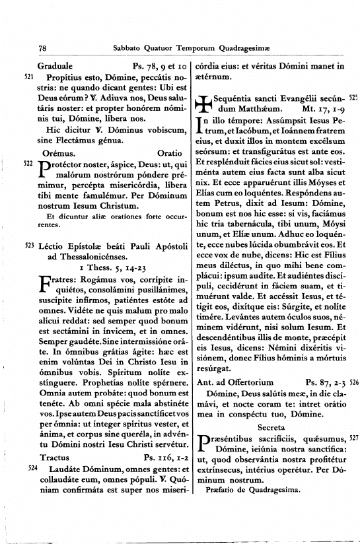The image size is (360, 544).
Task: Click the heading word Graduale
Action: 55,66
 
